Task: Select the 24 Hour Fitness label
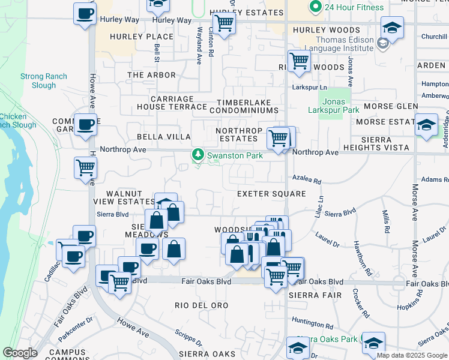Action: coord(354,7)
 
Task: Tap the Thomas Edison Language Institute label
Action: coord(337,43)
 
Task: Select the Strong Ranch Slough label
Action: coord(44,81)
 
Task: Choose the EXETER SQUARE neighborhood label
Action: coord(271,194)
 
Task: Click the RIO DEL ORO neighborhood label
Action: coord(202,305)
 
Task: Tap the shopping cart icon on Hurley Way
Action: coord(223,24)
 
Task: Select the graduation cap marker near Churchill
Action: coord(392,28)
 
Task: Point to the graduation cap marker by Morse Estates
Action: coord(426,125)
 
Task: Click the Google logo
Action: coord(20,353)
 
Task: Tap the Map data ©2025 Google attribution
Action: coord(411,355)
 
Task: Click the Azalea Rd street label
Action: coord(307,180)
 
